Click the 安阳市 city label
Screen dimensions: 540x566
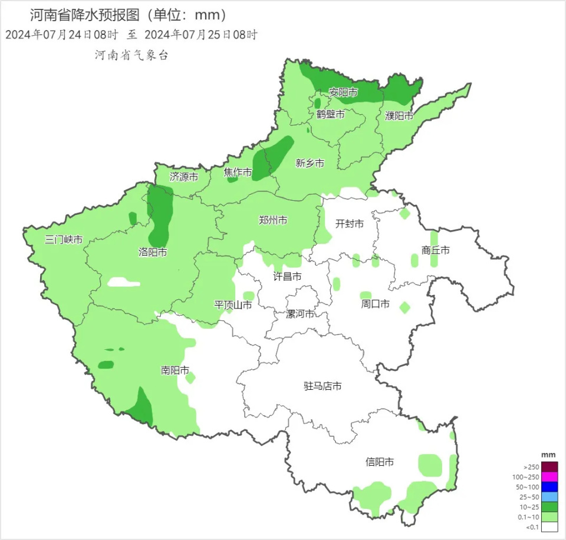pos(343,92)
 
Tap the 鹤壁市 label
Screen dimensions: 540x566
pos(330,114)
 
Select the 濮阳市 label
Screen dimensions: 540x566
pos(399,116)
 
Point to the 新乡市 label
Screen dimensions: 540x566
pos(310,164)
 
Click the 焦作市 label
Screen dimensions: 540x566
pos(238,173)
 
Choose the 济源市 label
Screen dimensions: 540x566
pos(184,176)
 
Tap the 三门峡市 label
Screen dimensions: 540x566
pos(64,240)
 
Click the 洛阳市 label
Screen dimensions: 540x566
pos(153,252)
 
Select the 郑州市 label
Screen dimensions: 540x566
pos(274,220)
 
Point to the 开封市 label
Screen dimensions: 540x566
pos(350,224)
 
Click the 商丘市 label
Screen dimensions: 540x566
pos(436,250)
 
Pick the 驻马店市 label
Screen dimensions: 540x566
pos(323,386)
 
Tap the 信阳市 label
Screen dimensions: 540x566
pos(380,462)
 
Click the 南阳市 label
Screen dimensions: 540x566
pos(175,370)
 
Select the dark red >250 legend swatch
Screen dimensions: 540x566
pos(549,466)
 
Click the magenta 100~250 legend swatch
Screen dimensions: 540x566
pos(549,476)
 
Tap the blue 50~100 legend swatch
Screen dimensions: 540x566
pos(549,486)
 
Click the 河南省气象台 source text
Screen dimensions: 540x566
pos(131,55)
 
